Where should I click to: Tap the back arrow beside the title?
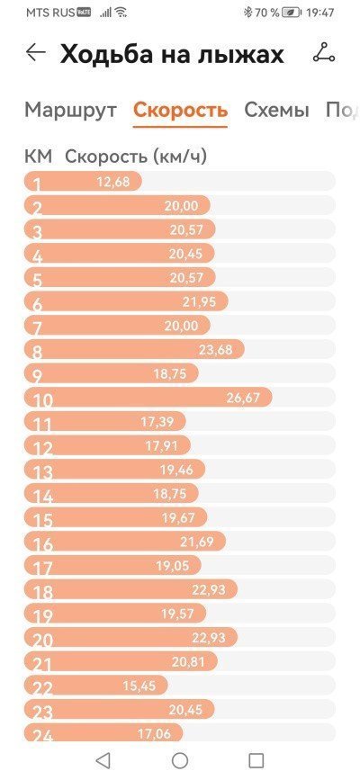coord(36,52)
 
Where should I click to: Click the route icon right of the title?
coord(324,53)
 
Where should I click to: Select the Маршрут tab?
coord(71,110)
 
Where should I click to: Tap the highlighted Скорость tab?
coord(180,110)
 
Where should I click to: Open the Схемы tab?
coord(276,110)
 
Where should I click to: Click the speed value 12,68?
coord(113,182)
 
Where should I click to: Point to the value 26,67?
coord(244,398)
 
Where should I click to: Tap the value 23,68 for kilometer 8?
coord(216,350)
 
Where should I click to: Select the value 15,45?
coord(139,686)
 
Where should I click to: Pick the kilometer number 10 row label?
coord(42,400)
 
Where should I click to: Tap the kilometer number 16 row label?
coord(42,544)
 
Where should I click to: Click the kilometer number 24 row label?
coord(42,736)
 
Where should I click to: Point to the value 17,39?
coord(157,422)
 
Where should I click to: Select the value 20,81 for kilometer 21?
coord(189,661)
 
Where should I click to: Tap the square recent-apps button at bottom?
coord(256,760)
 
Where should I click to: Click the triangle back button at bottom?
coord(103,760)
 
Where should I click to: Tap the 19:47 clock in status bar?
coord(320,13)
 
